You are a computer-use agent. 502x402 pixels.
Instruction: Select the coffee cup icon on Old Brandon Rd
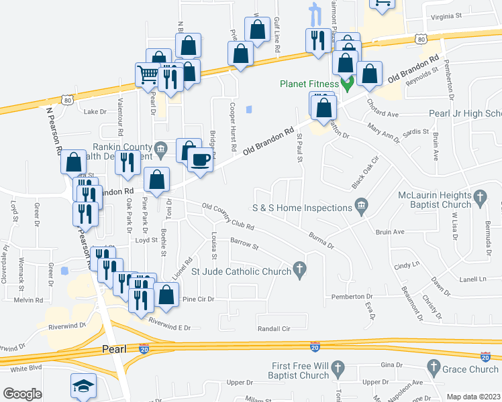(199, 159)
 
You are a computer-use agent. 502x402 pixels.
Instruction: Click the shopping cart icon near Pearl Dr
(148, 75)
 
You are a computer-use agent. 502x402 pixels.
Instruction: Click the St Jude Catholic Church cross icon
(300, 271)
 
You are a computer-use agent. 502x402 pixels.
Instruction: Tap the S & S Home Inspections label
(301, 208)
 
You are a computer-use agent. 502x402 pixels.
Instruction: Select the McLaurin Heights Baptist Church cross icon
(479, 197)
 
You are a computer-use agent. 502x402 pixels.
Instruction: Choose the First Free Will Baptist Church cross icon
(338, 367)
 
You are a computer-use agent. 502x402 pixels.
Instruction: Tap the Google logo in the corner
(22, 394)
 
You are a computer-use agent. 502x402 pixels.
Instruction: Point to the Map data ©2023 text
(472, 397)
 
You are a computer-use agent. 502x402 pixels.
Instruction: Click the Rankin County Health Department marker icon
(160, 147)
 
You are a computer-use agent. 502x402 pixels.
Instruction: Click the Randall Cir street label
(273, 328)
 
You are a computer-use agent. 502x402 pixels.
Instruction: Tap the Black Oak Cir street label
(366, 172)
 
